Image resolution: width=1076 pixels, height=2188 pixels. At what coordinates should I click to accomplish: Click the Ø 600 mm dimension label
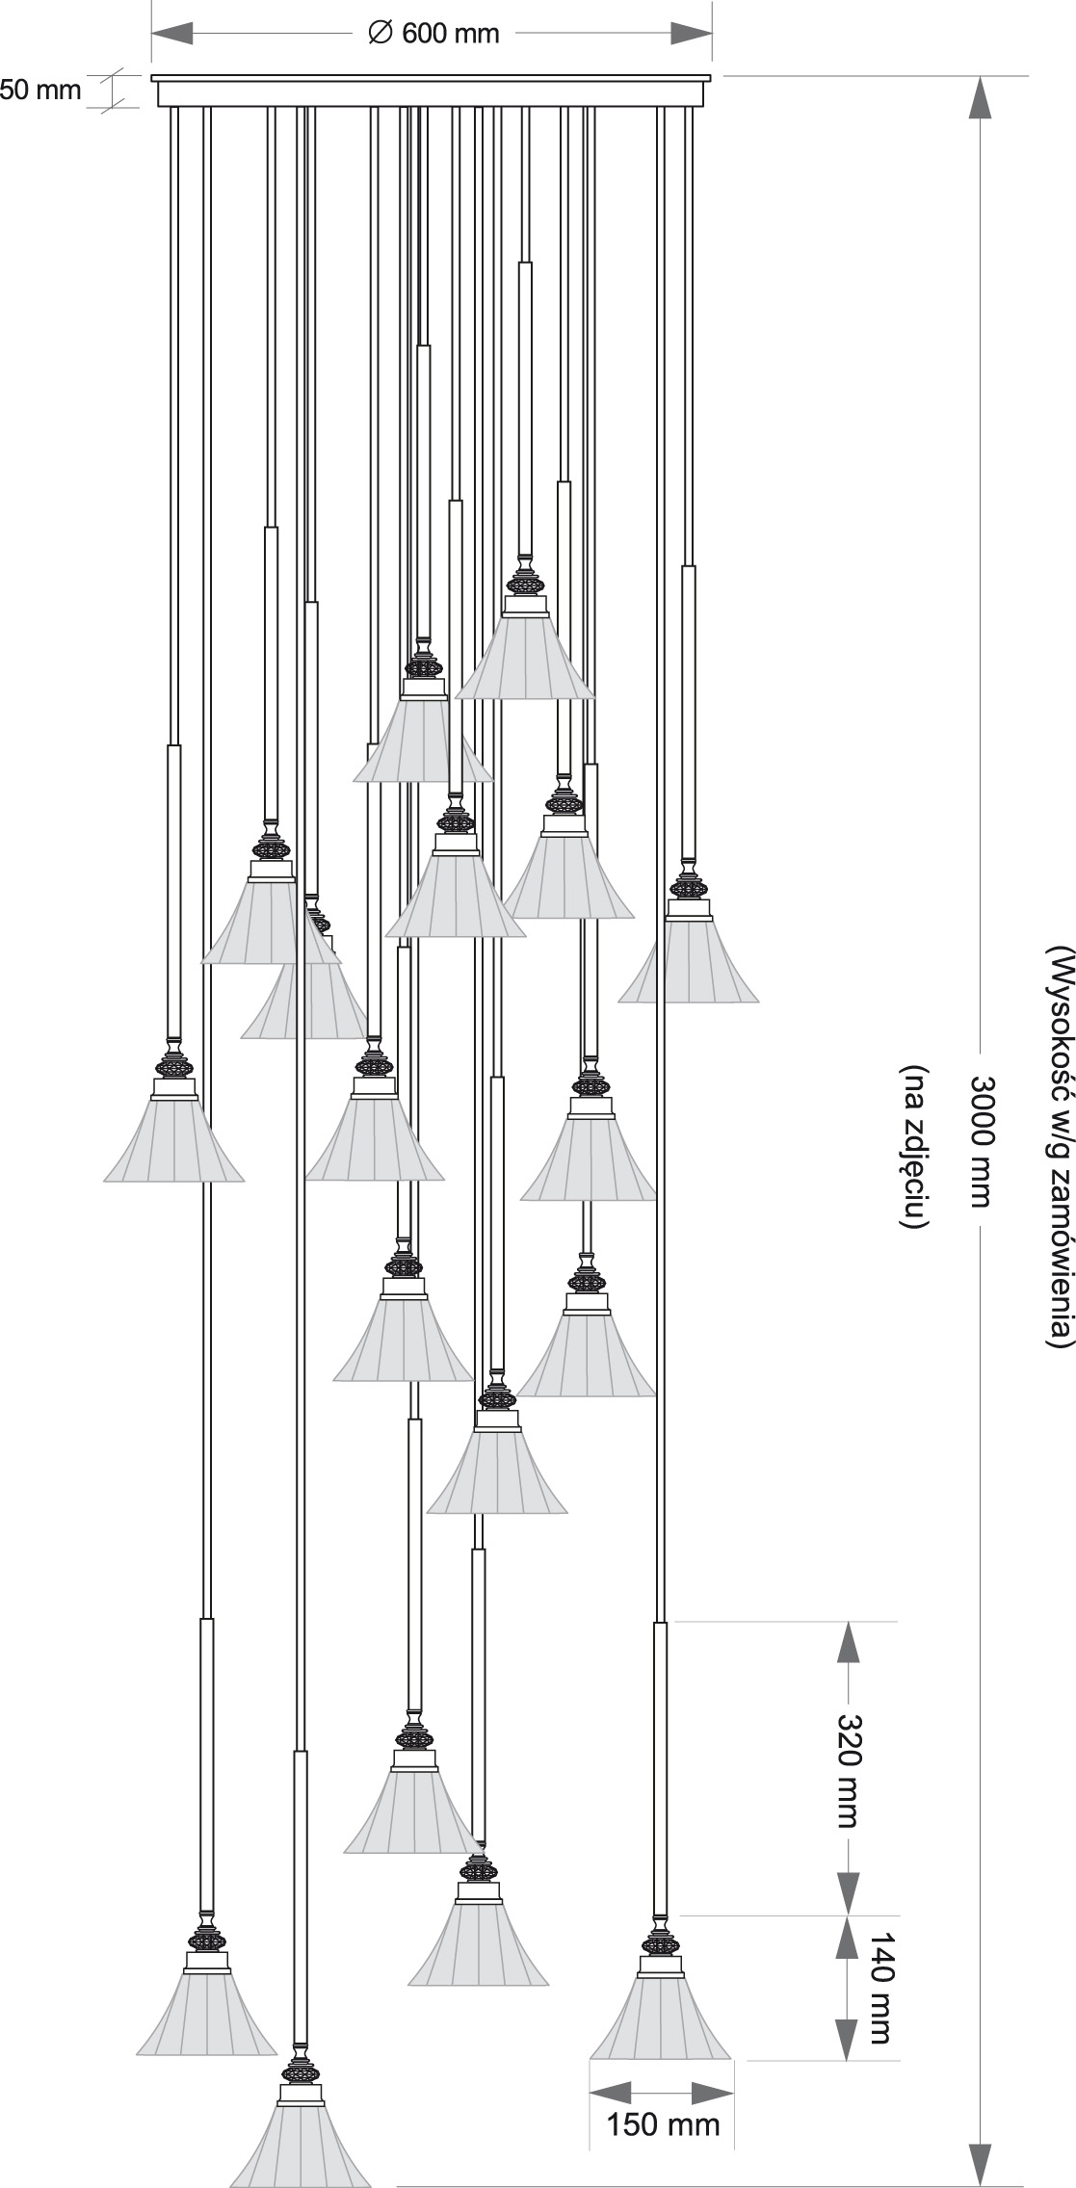[x=433, y=34]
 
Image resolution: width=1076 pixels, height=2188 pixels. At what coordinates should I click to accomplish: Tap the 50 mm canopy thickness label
[x=40, y=91]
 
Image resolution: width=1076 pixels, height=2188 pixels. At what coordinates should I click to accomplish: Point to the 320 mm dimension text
[x=848, y=1769]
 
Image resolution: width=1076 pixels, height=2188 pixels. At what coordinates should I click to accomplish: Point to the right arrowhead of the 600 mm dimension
[x=691, y=34]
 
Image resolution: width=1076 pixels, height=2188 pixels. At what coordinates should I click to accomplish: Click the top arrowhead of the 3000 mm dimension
[x=980, y=98]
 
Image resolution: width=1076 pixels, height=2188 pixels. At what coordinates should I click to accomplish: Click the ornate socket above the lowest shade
[x=301, y=2071]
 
